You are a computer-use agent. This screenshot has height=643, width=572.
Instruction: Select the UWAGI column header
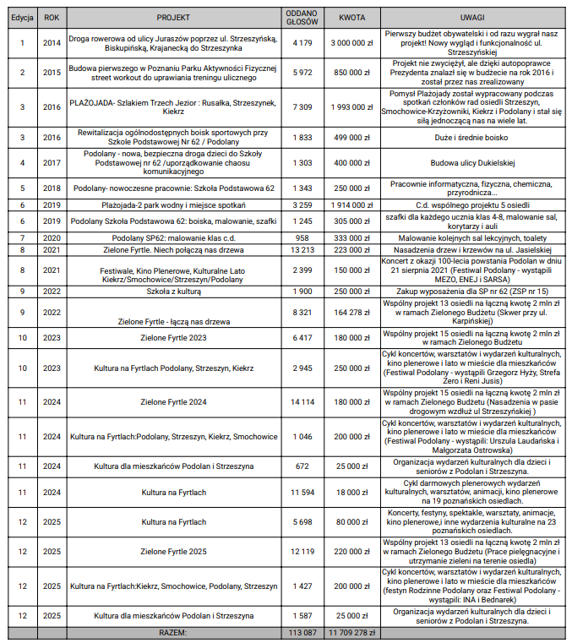pos(472,17)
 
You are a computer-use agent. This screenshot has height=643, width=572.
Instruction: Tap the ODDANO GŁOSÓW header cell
pos(302,17)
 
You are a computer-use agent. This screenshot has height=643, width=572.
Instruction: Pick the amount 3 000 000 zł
pos(352,41)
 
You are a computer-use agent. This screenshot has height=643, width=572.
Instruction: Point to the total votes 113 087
pos(302,631)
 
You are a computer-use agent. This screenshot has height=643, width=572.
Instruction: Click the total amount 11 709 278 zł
pos(352,631)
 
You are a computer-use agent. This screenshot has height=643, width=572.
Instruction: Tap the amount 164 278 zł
pos(352,312)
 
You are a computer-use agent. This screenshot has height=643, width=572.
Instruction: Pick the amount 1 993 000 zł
pos(352,107)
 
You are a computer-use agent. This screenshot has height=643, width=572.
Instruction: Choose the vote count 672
pos(302,466)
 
